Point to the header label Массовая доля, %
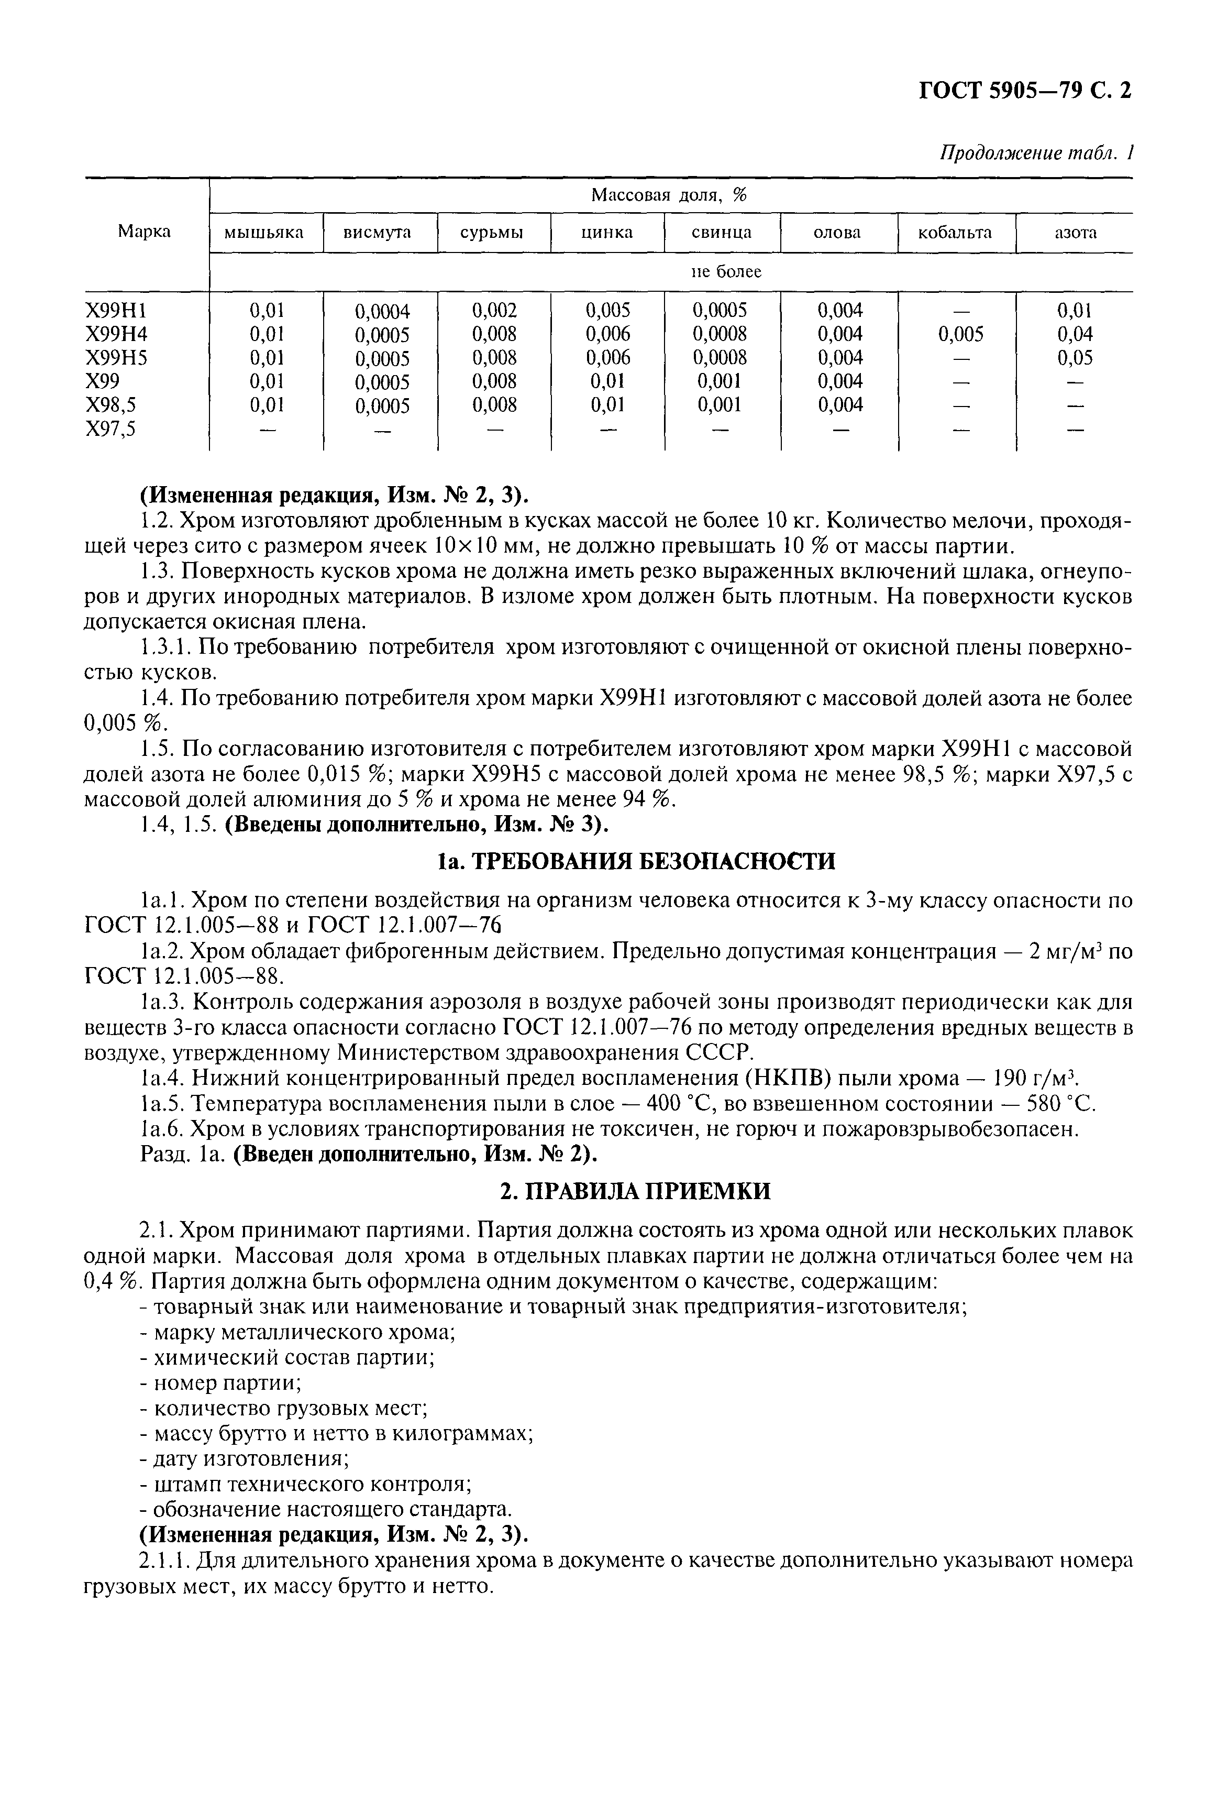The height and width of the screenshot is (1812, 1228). [x=669, y=195]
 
